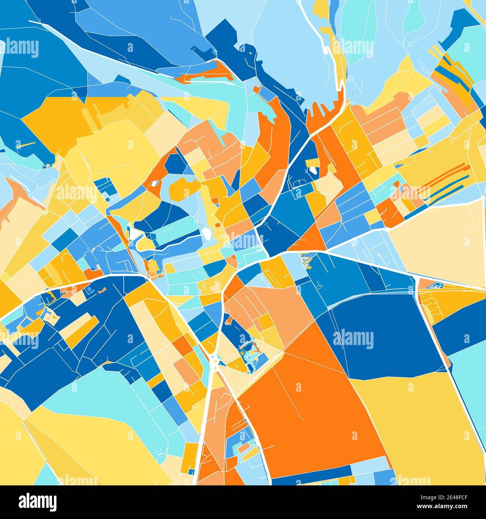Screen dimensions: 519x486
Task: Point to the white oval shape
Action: [206, 233]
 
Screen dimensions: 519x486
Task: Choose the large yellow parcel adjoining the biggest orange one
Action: [419, 422]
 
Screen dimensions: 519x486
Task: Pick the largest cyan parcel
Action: [93, 396]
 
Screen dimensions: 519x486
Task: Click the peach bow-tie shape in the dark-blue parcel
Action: [102, 289]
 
